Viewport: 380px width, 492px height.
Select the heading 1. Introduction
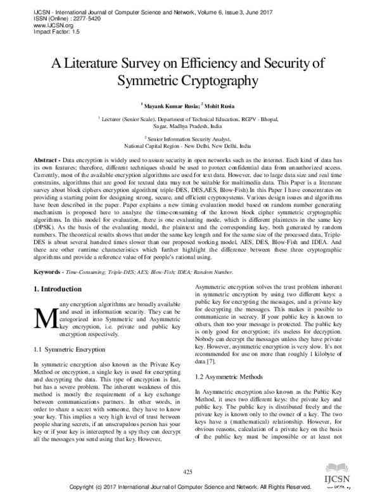pyautogui.click(x=58, y=288)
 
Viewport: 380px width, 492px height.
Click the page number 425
pyautogui.click(x=187, y=471)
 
